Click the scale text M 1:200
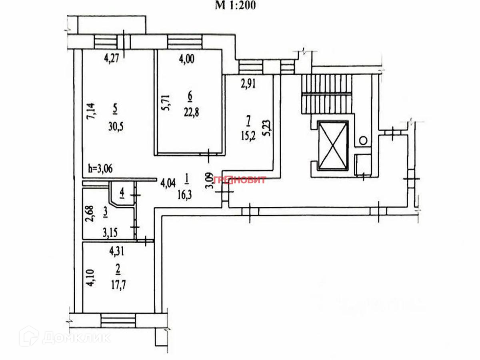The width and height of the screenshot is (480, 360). (x=236, y=6)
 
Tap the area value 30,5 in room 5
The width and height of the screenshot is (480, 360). (x=115, y=127)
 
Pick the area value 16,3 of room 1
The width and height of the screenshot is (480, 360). (x=187, y=195)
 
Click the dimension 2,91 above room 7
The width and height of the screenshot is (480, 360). (x=248, y=84)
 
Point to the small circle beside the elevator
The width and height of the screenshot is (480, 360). (x=363, y=140)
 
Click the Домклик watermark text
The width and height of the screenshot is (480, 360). (x=76, y=338)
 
